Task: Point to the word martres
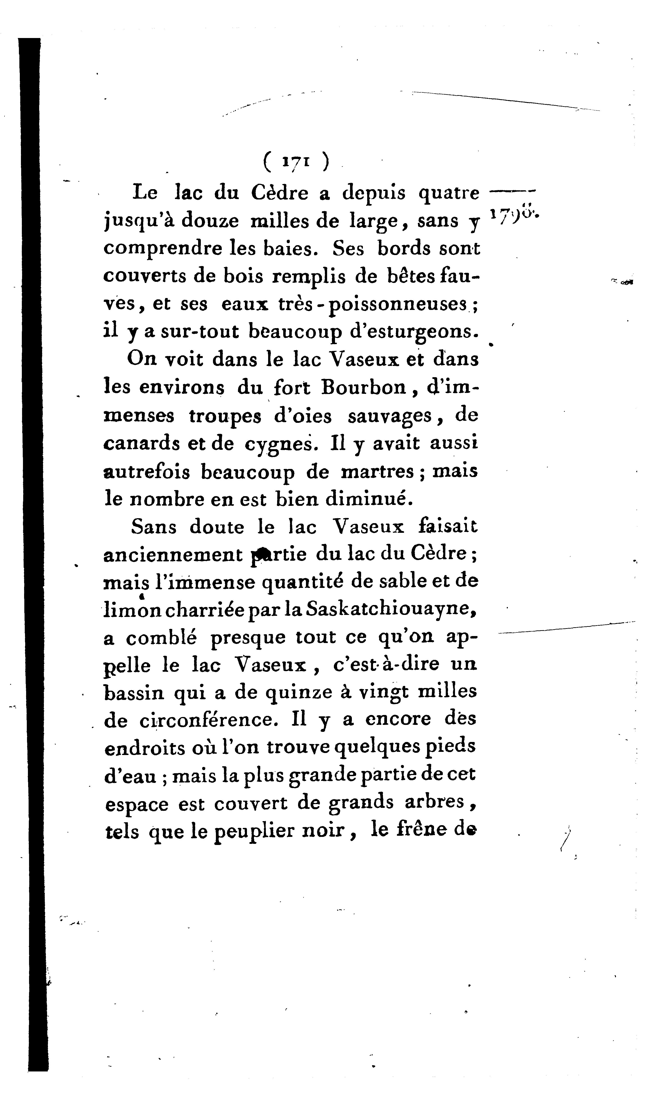pos(378,471)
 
